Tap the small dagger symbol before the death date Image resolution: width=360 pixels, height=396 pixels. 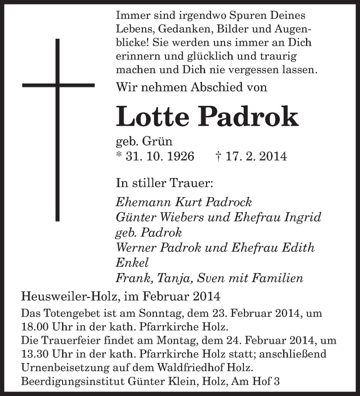(218, 156)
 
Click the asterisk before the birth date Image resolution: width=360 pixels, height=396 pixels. (118, 155)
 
